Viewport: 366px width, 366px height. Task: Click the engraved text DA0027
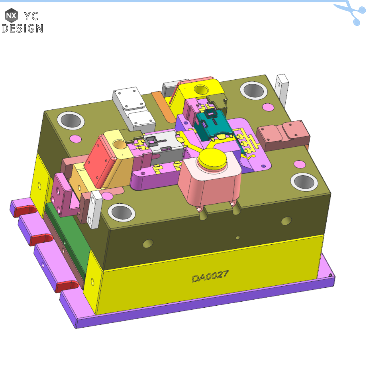pyautogui.click(x=210, y=277)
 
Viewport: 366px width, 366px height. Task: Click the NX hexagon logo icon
pyautogui.click(x=12, y=15)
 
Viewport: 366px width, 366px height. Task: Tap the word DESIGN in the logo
pyautogui.click(x=22, y=28)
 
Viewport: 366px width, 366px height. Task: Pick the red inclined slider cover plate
pyautogui.click(x=100, y=161)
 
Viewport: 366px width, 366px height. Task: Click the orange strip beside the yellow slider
pyautogui.click(x=163, y=106)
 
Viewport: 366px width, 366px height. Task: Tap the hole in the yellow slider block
pyautogui.click(x=201, y=89)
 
